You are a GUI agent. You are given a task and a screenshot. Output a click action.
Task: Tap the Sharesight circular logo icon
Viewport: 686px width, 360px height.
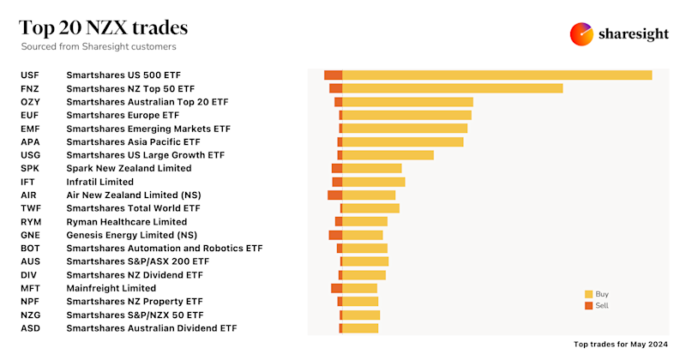click(582, 33)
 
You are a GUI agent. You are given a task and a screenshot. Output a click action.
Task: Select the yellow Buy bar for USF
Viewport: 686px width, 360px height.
click(496, 75)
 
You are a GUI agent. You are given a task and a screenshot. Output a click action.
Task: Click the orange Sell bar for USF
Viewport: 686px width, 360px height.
click(334, 75)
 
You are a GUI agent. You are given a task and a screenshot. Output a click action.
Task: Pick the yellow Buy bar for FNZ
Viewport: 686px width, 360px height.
click(452, 88)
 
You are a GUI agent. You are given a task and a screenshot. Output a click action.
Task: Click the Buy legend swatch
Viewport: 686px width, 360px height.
click(588, 293)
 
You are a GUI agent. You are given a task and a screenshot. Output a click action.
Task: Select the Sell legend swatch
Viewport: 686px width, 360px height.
click(588, 305)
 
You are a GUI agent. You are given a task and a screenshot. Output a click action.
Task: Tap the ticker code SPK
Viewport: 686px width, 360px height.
click(30, 168)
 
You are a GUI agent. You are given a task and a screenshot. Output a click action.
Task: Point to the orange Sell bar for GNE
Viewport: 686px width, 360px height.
click(335, 235)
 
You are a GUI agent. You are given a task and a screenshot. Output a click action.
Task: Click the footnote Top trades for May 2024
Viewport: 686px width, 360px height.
click(620, 344)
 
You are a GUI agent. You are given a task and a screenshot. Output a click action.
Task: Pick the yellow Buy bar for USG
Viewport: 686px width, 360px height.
click(388, 155)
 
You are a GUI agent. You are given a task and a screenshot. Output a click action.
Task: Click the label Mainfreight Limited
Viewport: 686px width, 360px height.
click(111, 288)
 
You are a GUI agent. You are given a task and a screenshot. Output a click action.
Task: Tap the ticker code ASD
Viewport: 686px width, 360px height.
click(30, 328)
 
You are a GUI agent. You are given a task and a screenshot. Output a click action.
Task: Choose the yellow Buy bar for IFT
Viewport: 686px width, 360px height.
click(373, 182)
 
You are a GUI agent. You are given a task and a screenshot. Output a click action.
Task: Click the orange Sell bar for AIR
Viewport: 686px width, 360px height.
click(334, 195)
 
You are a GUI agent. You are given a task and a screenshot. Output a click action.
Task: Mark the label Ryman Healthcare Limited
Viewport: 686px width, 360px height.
click(126, 221)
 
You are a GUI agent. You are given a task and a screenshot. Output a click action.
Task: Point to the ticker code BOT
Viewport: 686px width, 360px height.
click(30, 248)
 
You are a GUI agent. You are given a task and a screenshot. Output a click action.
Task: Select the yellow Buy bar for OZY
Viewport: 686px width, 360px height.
click(407, 102)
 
